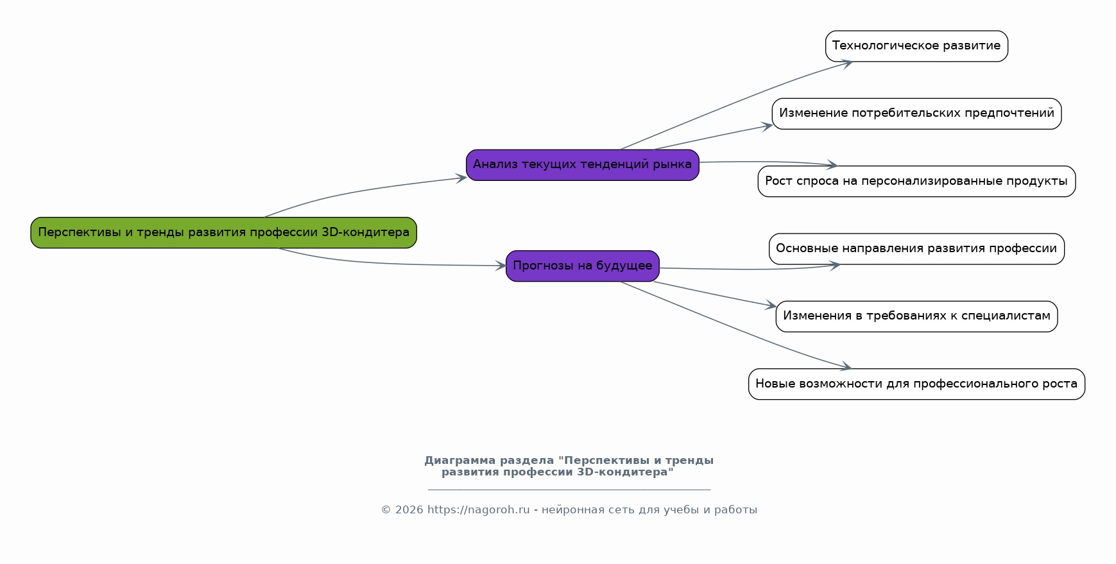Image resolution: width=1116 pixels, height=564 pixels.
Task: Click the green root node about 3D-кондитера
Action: click(223, 232)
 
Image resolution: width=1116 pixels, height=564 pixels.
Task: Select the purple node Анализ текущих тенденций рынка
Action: click(582, 165)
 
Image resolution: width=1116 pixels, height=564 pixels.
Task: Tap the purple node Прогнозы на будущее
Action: click(582, 266)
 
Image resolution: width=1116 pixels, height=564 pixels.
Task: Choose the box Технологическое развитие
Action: click(916, 46)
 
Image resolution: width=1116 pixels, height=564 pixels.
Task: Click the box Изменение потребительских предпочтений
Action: click(916, 114)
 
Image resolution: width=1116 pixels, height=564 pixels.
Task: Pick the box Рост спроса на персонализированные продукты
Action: click(916, 182)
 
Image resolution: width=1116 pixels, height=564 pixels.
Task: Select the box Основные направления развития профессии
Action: click(916, 249)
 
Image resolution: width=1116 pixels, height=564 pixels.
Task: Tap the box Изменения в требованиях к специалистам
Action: click(916, 316)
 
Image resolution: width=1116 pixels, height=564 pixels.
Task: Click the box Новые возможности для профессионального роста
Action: click(916, 384)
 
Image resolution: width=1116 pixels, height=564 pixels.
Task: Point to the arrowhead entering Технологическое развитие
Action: click(847, 63)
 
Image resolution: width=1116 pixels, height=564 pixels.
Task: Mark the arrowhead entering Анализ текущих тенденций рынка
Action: click(461, 178)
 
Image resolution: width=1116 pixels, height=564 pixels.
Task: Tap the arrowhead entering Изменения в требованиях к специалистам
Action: click(771, 307)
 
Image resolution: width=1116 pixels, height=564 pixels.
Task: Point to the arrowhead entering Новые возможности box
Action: click(846, 368)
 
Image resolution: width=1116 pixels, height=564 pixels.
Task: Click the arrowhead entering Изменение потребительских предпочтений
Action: click(767, 126)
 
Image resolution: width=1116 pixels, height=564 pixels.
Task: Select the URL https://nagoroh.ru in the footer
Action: click(478, 510)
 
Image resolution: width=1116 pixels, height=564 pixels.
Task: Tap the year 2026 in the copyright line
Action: click(409, 510)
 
